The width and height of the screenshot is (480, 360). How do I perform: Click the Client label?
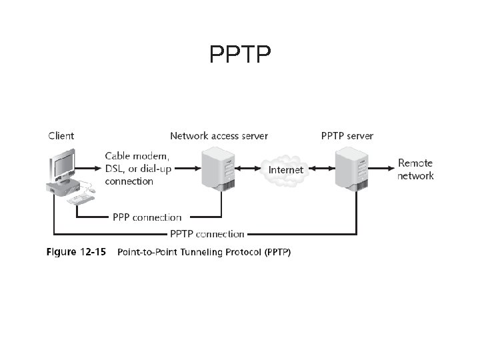point(61,136)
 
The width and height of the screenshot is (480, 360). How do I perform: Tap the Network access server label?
point(219,136)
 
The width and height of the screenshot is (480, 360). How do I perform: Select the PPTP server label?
point(347,136)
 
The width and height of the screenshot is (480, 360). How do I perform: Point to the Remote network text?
point(415,169)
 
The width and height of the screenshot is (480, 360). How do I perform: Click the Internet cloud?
point(285,169)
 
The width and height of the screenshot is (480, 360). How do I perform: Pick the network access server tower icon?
point(219,170)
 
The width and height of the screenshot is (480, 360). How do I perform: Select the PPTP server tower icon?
point(352,170)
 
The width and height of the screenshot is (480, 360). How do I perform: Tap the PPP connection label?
point(147,217)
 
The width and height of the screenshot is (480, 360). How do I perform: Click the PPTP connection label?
point(207,234)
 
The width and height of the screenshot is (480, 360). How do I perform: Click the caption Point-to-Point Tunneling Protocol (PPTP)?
point(203,253)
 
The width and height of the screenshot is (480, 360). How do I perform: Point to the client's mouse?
point(91,191)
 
